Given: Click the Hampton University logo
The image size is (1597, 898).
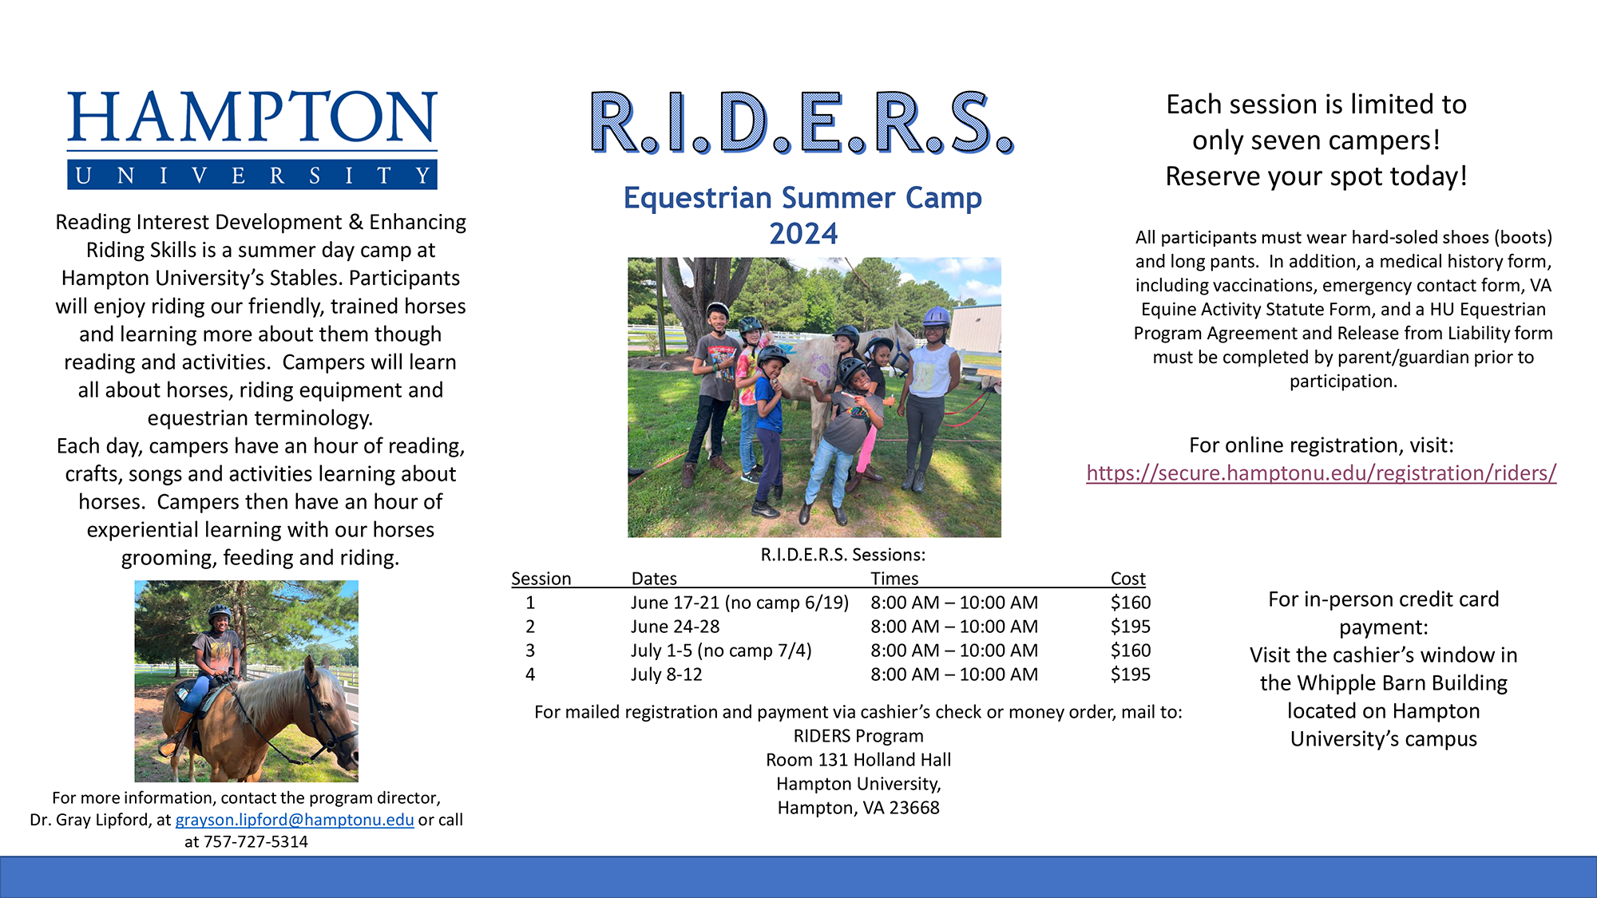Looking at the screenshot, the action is [252, 140].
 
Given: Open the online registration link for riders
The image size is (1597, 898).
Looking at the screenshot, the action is [1322, 473].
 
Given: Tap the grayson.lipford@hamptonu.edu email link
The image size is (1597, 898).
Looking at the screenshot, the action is [295, 820].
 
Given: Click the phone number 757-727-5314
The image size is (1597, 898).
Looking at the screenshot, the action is [256, 841].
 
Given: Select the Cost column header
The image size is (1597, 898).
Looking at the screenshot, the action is [1127, 579].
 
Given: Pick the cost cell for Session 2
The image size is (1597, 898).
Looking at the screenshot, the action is [1131, 627].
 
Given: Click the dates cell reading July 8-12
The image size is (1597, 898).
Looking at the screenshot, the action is [667, 674].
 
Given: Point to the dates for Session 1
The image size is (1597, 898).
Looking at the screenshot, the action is [739, 603].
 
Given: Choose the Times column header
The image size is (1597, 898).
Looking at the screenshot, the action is [894, 579].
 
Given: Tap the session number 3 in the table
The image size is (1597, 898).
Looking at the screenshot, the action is [530, 651].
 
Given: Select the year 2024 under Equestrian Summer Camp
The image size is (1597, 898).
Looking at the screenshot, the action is [803, 234].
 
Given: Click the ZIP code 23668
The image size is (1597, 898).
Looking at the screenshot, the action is [914, 808].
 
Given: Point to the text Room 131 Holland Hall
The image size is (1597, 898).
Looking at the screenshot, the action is [858, 760].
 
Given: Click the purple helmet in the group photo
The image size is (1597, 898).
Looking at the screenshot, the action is [936, 316].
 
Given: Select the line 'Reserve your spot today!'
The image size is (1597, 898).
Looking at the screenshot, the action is [1317, 176].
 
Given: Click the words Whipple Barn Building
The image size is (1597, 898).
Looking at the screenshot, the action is [1384, 683].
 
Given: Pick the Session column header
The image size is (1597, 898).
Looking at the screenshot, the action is [541, 579].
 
